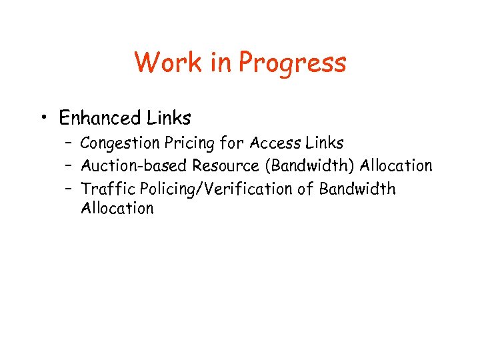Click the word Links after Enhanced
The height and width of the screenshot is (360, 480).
pos(169,119)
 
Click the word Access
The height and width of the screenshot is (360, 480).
pos(275,143)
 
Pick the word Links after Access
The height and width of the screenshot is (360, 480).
pos(324,143)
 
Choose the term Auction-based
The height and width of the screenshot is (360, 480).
pos(134,165)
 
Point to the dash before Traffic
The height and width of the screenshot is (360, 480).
pos(69,190)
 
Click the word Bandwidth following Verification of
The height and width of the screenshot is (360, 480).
pos(357,189)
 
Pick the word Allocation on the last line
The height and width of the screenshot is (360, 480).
pos(117,208)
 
